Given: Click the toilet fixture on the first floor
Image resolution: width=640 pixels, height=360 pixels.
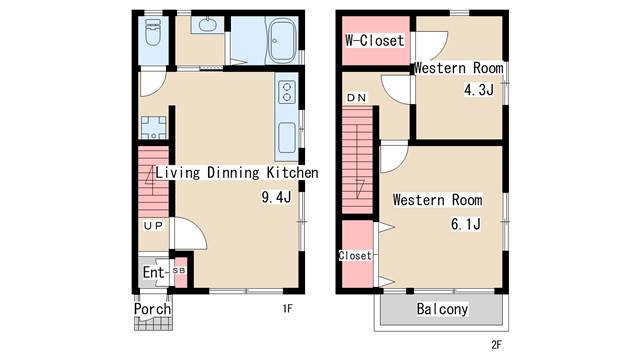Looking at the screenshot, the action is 153,33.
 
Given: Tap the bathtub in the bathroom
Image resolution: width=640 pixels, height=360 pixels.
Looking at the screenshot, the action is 282,41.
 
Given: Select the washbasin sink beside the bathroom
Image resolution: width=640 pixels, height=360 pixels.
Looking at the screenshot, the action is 207,25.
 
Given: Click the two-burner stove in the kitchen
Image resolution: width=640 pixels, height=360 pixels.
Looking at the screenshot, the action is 287,92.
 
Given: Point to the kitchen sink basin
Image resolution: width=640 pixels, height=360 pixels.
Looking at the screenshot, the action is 287,138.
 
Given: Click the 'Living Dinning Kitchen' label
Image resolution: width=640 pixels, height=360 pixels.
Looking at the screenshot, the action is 237,173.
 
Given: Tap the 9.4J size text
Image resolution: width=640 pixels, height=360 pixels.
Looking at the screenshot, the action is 276,198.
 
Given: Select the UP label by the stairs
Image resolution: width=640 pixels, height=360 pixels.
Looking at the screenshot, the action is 153,226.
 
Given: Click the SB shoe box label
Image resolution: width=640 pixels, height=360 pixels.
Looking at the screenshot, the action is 179,271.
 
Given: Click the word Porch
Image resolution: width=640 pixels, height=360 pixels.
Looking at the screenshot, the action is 153,309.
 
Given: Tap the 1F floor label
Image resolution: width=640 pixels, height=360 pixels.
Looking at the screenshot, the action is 287,309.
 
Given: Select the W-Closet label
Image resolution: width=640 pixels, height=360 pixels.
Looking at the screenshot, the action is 375,40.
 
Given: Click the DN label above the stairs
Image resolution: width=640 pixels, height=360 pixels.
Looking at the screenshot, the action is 356,98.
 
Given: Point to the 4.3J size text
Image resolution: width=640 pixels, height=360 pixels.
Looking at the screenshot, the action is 479,89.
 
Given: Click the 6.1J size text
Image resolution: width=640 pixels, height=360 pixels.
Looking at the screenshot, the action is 466,224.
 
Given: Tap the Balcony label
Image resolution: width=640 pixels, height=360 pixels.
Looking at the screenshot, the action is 442,309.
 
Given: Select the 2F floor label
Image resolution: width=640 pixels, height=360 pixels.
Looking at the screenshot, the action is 496,345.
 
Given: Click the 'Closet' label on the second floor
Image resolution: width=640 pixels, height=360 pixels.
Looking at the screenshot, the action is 355,256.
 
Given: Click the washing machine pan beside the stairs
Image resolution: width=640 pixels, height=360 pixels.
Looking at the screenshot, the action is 153,127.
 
